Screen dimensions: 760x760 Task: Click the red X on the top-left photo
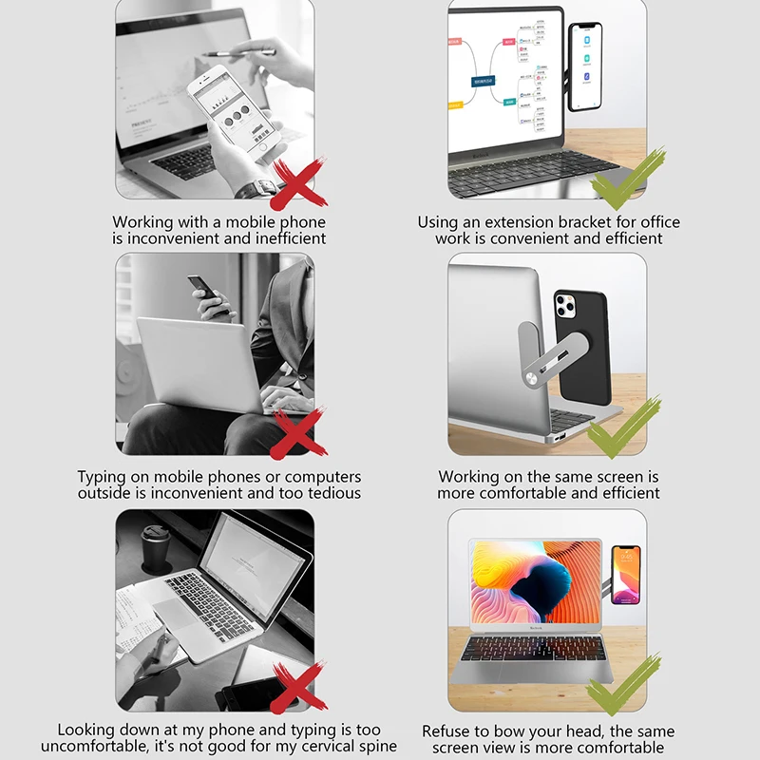(x=298, y=183)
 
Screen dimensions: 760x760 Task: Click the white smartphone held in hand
(x=227, y=112)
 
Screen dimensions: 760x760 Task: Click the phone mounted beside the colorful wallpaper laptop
(x=626, y=573)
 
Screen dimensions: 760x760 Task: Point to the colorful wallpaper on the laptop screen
(x=535, y=587)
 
